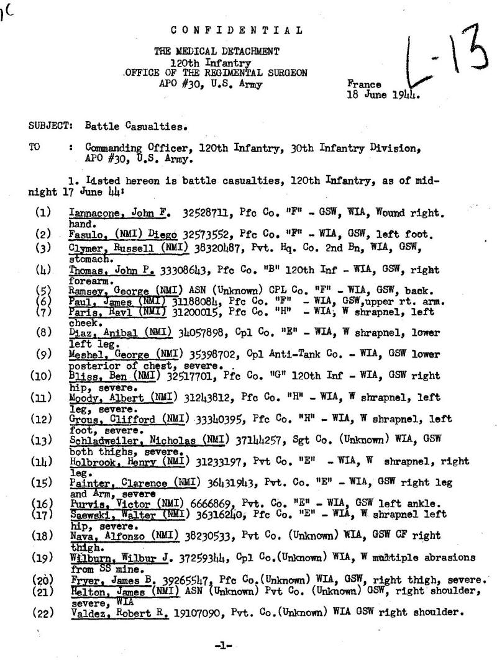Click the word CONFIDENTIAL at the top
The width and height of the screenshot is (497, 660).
coord(237,29)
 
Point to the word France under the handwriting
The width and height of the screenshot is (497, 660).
coord(362,84)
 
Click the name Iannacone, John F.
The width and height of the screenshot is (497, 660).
coord(119,213)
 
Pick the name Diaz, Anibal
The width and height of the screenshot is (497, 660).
coord(104,332)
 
